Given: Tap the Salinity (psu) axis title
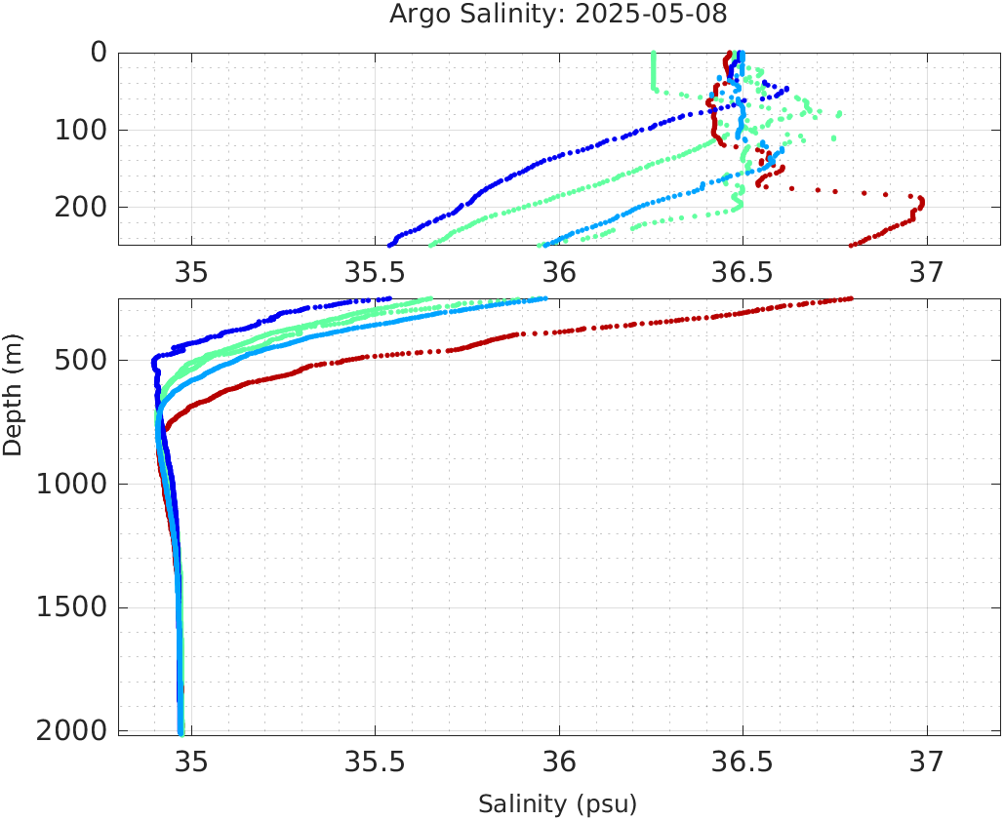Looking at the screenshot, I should (x=557, y=804).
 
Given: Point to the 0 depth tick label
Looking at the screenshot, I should (x=99, y=52).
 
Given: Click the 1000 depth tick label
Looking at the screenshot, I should (x=71, y=484).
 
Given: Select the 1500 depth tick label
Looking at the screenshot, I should (x=71, y=607).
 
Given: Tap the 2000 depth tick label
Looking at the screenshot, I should (x=71, y=730).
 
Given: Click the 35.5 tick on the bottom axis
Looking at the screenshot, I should (x=375, y=761).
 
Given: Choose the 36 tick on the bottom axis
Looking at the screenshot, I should (x=559, y=761).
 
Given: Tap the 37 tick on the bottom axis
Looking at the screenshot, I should (x=927, y=761).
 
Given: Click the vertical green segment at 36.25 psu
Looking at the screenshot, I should (x=653, y=71).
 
